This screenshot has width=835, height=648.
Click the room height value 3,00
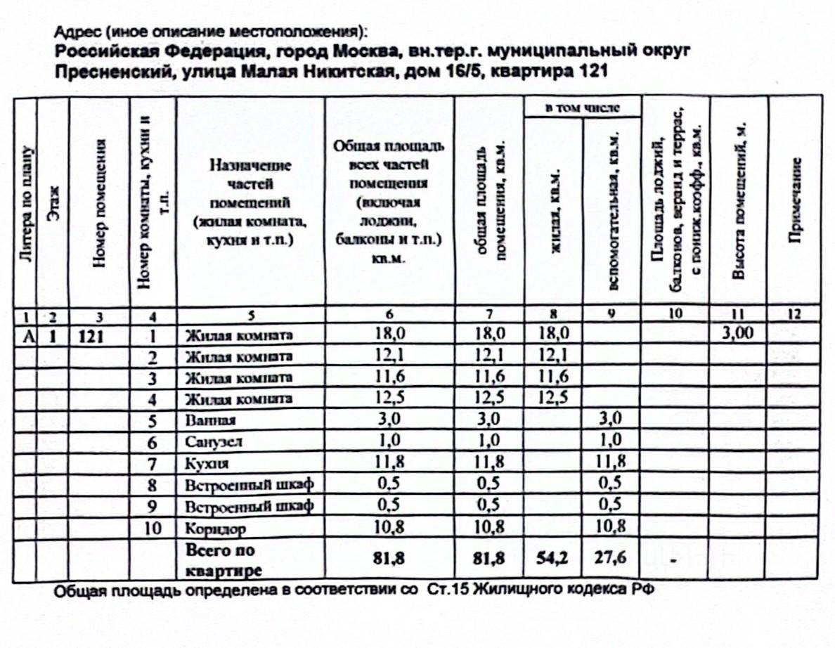coord(738,334)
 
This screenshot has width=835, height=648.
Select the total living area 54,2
coord(552,558)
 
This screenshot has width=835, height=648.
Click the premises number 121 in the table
coord(92,335)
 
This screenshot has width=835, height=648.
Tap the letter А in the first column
coord(28,335)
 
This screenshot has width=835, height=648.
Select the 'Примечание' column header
coord(796,200)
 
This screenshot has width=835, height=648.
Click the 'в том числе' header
coord(583,107)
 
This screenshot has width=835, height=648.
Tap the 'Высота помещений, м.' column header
coord(738,200)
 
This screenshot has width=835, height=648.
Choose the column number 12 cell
coord(796,315)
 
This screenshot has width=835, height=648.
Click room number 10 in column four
coord(153,527)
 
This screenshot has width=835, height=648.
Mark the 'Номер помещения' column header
coord(99,203)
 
